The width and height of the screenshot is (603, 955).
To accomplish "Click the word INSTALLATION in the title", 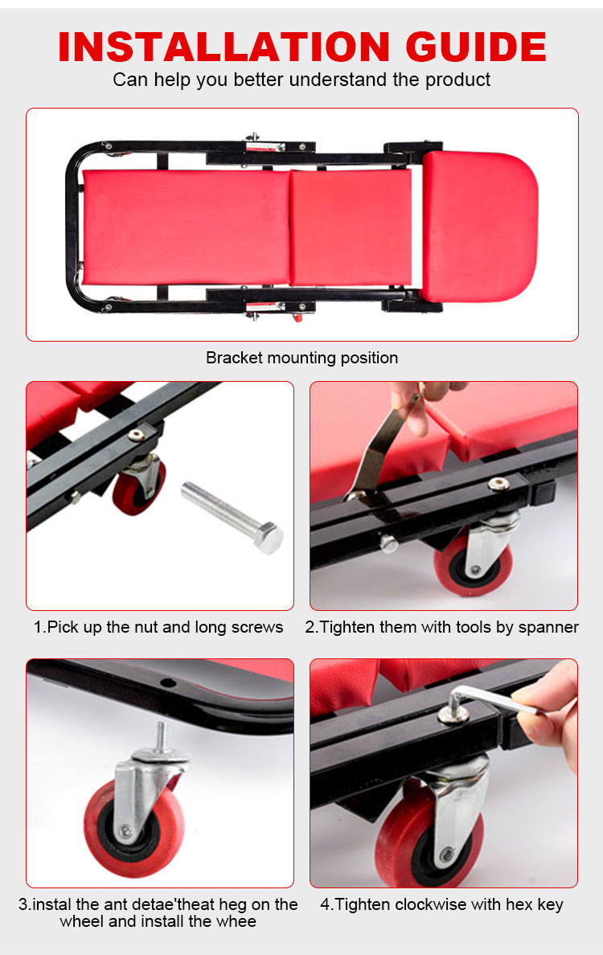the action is tap(224, 47).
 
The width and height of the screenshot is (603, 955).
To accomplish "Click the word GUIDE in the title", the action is tap(476, 47).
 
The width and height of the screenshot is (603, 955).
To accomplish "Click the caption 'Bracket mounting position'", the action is tap(301, 358).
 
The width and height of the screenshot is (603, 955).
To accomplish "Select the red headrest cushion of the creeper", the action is tap(480, 226).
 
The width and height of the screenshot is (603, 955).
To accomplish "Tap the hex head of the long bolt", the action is tap(269, 538).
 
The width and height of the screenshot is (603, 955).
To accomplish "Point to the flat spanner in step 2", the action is tap(379, 450).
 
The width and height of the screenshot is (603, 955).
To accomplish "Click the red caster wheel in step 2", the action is tap(472, 564).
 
